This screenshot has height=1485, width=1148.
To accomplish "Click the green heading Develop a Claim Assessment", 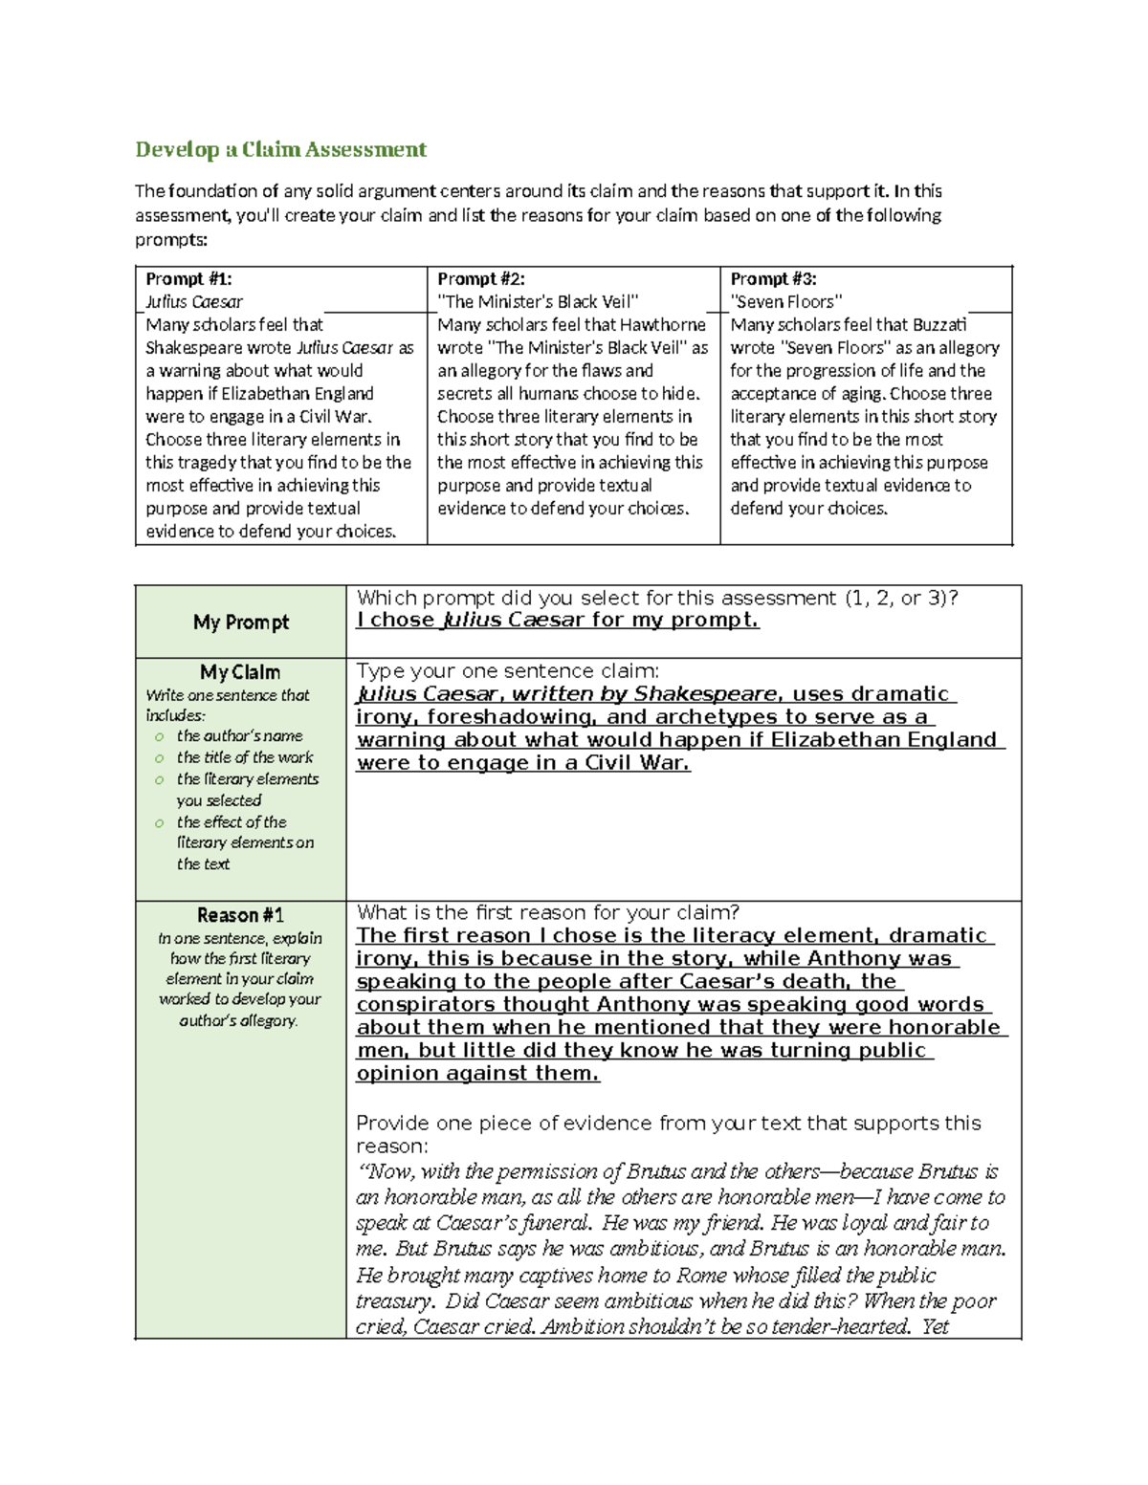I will (x=280, y=150).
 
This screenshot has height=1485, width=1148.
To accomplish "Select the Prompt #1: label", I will (x=188, y=279).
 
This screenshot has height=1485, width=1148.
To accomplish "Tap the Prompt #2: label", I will (x=481, y=279).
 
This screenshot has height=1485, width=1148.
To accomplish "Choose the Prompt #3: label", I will (x=773, y=279).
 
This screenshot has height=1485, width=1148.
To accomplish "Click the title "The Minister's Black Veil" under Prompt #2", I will (x=538, y=302).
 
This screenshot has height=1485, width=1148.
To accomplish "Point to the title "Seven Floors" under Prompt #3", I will (x=786, y=302).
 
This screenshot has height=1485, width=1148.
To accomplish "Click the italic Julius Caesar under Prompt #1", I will (x=194, y=302).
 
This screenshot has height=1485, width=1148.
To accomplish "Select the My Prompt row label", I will (x=241, y=622).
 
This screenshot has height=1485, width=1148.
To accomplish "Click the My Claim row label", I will (x=240, y=672).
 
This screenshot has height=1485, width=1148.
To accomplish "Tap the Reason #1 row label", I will (x=240, y=915).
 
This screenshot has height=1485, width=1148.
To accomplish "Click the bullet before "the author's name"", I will (x=160, y=737).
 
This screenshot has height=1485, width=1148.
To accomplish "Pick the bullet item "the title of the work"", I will (x=245, y=757).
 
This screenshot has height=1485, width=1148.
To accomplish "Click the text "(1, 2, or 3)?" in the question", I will (x=901, y=599).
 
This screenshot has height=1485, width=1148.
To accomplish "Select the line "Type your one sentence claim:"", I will (x=507, y=671).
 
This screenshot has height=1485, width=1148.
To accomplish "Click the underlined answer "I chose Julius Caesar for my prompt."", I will (x=558, y=621).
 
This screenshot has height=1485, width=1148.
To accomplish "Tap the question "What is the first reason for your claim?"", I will (x=547, y=912).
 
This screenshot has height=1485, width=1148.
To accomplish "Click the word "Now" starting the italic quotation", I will (x=387, y=1172).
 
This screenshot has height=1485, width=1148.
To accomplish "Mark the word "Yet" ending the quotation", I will (x=935, y=1327).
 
